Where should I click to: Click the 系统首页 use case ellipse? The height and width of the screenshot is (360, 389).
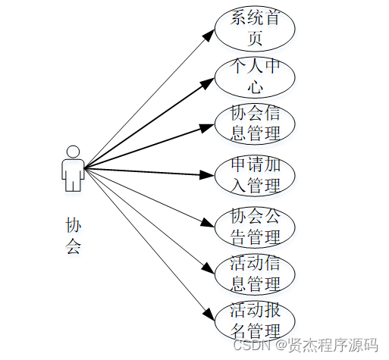[255, 29]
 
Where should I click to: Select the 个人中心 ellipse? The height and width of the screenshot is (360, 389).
[255, 77]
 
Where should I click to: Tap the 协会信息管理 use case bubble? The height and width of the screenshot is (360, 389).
[255, 124]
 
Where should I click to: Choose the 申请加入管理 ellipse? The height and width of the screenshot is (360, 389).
[255, 175]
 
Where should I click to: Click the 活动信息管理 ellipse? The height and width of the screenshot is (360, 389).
[255, 274]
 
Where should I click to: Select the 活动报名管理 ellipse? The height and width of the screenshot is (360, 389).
[255, 321]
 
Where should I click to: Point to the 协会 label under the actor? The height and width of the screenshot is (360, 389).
[73, 235]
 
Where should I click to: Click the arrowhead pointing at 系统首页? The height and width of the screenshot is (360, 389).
[210, 35]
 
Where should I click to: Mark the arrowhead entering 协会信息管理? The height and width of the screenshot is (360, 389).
[209, 125]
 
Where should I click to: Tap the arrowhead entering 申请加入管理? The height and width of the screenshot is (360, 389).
[209, 175]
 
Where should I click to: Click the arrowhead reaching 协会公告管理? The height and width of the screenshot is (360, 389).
[210, 223]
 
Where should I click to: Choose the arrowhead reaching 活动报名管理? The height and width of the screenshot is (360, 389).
[210, 313]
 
